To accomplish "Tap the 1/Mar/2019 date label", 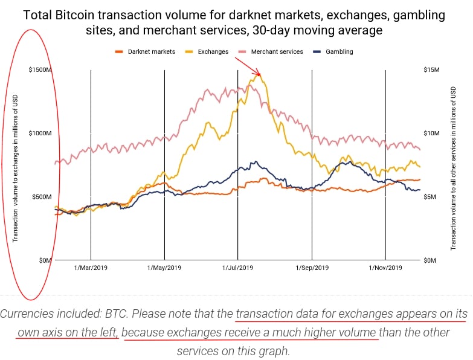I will tap(91, 268).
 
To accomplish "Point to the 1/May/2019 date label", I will tap(164, 268).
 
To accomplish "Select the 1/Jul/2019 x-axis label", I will tap(238, 268).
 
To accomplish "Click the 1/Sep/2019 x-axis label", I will tap(312, 268).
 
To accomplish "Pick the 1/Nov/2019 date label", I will tap(385, 268).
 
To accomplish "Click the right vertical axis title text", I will tap(452, 168).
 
